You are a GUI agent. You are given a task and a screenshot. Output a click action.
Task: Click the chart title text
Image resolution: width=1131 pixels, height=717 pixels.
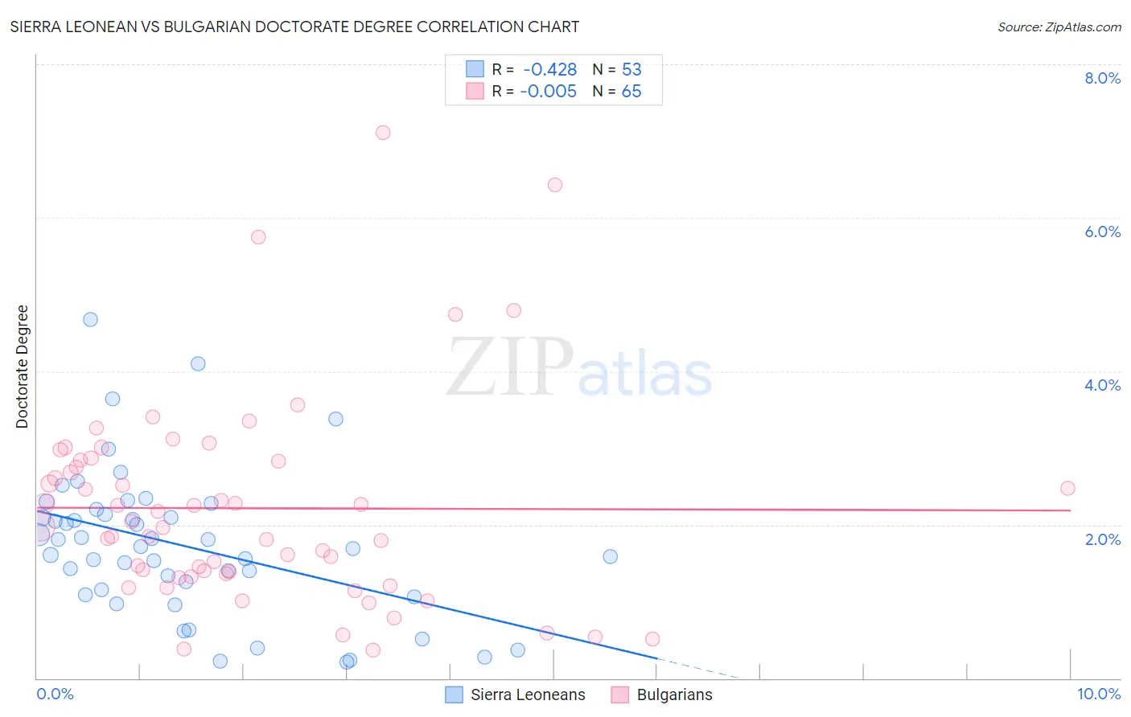(x=294, y=27)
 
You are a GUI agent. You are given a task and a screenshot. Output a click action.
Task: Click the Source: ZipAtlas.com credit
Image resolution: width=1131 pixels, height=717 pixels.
(x=1059, y=27)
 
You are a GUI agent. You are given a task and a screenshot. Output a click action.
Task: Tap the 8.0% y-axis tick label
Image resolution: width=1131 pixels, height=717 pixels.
(x=1102, y=78)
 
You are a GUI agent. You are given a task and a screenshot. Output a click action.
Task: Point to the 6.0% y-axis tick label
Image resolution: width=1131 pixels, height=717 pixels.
(x=1102, y=231)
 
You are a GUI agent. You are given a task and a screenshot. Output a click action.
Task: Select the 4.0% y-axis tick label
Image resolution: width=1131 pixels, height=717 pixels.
(x=1102, y=385)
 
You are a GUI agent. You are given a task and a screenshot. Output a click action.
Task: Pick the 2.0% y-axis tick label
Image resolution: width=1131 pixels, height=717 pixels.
(x=1102, y=539)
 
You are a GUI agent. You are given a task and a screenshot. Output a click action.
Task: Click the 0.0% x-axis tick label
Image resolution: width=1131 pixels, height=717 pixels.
(x=55, y=694)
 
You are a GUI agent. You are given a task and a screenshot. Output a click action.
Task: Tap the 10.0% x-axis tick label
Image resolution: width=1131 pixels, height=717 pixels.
(x=1099, y=694)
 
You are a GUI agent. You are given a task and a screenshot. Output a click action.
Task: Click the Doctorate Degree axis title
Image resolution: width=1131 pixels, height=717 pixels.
(x=23, y=367)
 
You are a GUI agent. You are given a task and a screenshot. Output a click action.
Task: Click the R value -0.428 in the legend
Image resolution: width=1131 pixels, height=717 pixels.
(x=549, y=70)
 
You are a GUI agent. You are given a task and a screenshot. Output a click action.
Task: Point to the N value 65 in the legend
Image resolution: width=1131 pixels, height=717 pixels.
(x=631, y=92)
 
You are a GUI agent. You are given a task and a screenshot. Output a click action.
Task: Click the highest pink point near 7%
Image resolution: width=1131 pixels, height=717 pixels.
(x=383, y=133)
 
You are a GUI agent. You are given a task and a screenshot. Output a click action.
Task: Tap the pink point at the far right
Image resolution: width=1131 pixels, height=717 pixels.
(x=1067, y=488)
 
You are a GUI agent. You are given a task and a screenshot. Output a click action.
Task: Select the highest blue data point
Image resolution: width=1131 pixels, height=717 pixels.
(x=90, y=319)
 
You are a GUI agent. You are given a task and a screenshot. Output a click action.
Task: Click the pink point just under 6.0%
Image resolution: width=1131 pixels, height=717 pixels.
(x=258, y=237)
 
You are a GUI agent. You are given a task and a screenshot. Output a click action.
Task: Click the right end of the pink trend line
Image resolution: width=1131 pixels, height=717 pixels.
(x=1071, y=510)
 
